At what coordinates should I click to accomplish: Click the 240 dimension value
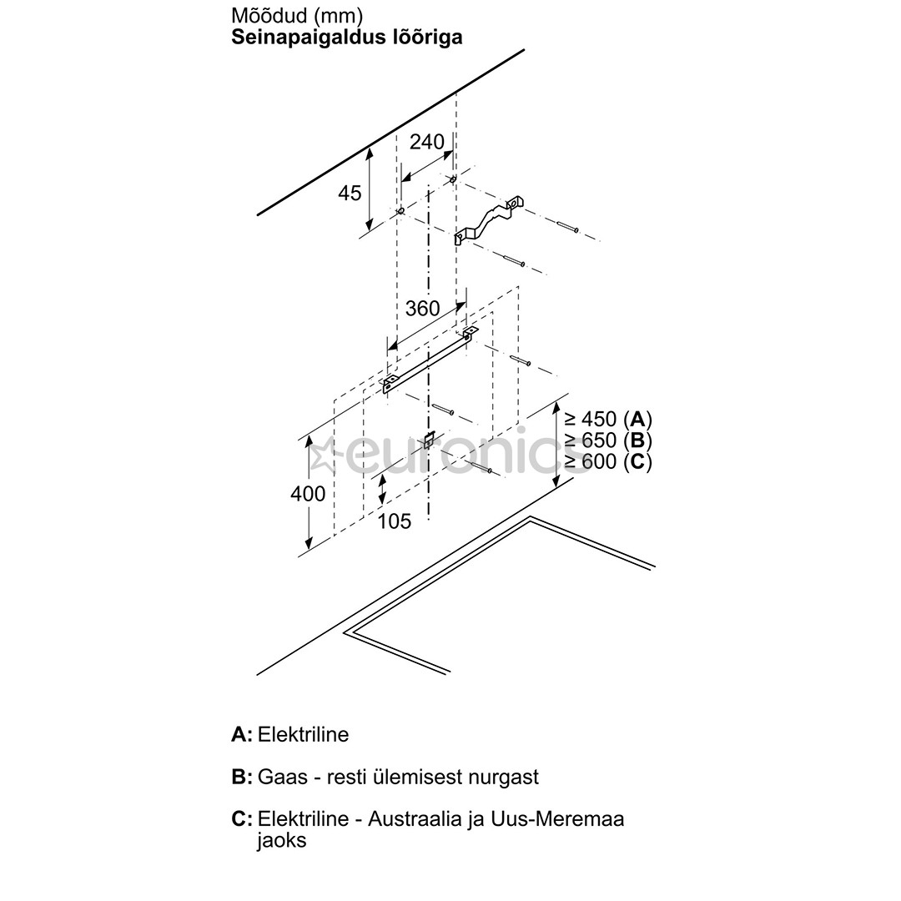(x=426, y=142)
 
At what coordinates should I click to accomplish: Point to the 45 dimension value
(x=350, y=193)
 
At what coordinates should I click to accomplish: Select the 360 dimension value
(x=422, y=308)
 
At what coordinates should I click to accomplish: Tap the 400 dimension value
(x=308, y=494)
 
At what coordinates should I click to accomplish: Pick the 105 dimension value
(x=395, y=521)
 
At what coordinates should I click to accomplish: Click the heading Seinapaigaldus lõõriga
(x=346, y=38)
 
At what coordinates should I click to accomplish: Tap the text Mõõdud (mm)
(x=297, y=16)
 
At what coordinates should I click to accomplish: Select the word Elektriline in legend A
(x=303, y=735)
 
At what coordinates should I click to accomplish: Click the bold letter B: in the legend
(x=241, y=777)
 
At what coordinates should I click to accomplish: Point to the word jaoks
(x=281, y=840)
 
